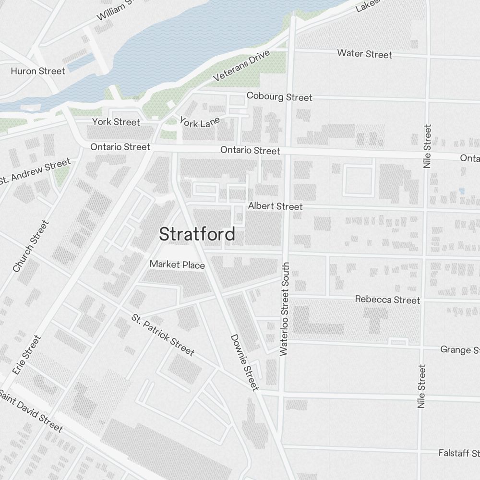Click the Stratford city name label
pos(197,234)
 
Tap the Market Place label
pos(177,264)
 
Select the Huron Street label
pos(37,71)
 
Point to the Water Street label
pos(364,53)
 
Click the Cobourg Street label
pos(279,96)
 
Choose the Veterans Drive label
pos(242,66)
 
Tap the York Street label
pos(116,122)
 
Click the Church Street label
pos(31,246)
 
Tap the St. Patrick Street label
pos(163,336)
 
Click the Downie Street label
pos(245,362)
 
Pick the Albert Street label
pos(275,206)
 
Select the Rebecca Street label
pos(387,300)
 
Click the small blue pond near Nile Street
pos(462,191)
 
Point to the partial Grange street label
pos(460,349)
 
